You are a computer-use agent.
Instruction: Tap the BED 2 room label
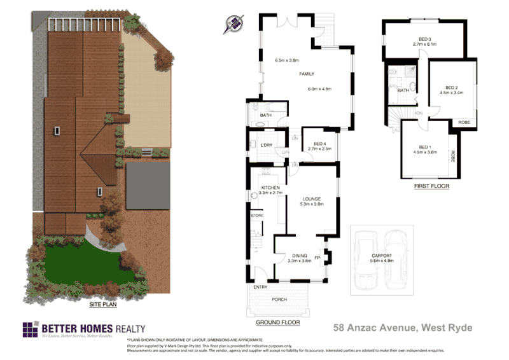(452, 87)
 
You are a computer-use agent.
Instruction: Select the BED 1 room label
(424, 147)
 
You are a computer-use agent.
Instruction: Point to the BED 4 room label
(316, 144)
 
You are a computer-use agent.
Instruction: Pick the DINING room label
(299, 256)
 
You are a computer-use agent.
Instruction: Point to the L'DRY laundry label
(267, 146)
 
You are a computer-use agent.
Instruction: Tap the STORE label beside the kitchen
(257, 216)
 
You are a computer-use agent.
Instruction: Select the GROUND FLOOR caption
(278, 322)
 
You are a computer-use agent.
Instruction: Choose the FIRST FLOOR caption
(431, 186)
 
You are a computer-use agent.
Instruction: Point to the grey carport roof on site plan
(148, 186)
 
